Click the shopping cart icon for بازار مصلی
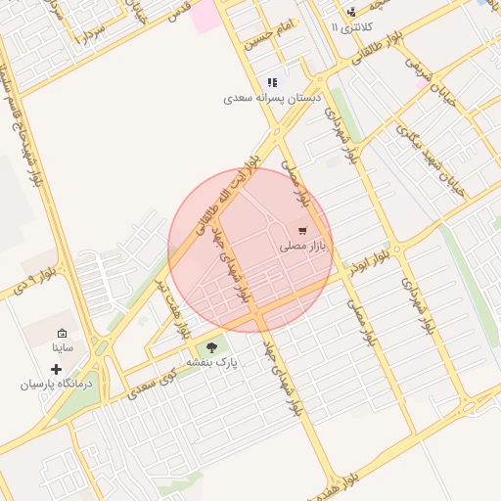coord(301,231)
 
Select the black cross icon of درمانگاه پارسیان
coord(55,370)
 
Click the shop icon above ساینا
coord(63,333)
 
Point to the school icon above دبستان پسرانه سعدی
coord(272,83)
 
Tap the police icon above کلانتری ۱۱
coord(351,13)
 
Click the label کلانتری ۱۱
coord(353,27)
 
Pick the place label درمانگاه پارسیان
coord(57,385)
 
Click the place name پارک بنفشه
coord(219,362)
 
